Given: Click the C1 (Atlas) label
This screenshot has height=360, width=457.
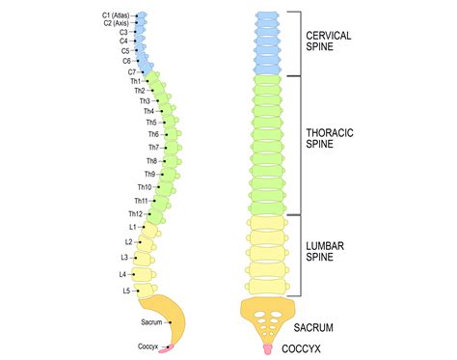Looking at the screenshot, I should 116,14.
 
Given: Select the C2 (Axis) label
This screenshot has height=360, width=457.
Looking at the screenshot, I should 117,23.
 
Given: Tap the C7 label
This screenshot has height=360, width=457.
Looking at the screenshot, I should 131,72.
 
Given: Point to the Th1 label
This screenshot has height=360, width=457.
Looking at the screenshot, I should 135,82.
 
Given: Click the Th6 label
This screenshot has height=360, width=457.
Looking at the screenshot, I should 152,134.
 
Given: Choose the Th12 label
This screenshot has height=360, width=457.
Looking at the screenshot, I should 135,213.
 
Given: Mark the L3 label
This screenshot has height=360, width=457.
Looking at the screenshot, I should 124,258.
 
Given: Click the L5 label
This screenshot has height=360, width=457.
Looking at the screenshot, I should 125,290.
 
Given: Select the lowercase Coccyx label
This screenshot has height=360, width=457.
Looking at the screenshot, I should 147,345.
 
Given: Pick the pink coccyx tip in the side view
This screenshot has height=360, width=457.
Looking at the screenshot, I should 170,345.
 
